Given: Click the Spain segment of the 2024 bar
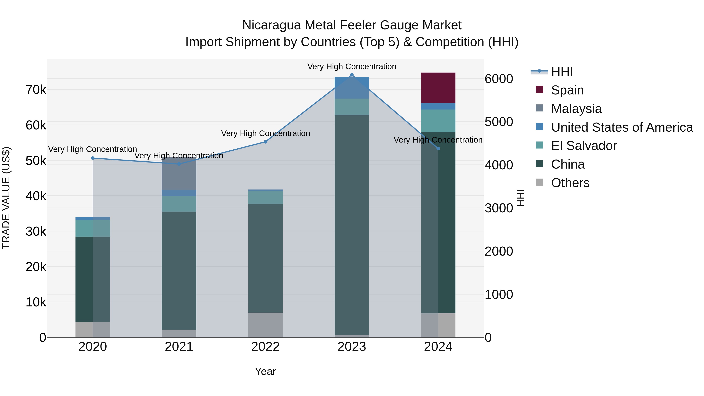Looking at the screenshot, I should pos(438,88).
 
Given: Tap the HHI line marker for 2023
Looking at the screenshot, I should pos(352,75).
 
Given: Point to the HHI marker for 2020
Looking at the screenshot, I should pos(93,158).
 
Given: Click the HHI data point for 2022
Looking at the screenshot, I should pos(265,142).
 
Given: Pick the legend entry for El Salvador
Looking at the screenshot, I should pos(584,146).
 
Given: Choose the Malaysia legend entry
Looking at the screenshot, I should pos(576,109).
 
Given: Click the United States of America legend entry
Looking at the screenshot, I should pos(622,127).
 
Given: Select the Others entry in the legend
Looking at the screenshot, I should pos(570,183).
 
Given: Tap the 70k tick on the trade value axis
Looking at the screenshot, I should pos(36,90).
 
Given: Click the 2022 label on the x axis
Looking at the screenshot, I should pos(265,347).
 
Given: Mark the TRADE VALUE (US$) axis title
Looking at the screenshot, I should pos(6,198).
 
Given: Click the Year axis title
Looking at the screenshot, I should pos(265,371).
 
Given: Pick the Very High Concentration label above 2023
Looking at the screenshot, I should pos(352,66).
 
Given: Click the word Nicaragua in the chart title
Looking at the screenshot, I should pos(272,25).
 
